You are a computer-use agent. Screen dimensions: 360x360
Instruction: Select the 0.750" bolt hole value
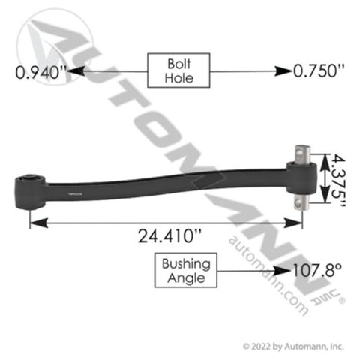click(319, 70)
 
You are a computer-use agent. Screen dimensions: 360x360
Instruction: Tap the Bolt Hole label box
click(178, 70)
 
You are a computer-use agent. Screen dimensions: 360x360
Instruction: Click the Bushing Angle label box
click(186, 270)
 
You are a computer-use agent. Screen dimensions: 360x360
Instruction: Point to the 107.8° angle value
click(317, 270)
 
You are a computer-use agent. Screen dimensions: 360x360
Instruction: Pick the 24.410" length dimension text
click(169, 236)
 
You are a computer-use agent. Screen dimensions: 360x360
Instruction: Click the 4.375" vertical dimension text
click(338, 181)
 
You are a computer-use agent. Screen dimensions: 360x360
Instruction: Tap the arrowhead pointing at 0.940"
click(76, 71)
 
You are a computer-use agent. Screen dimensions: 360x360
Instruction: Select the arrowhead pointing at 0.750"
click(283, 71)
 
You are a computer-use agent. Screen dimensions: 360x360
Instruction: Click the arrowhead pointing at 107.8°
click(283, 271)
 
